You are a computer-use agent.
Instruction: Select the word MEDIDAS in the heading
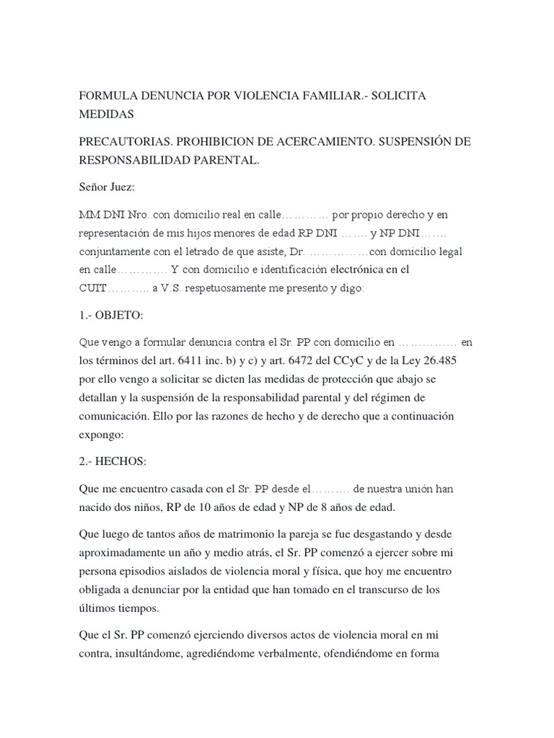[107, 114]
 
